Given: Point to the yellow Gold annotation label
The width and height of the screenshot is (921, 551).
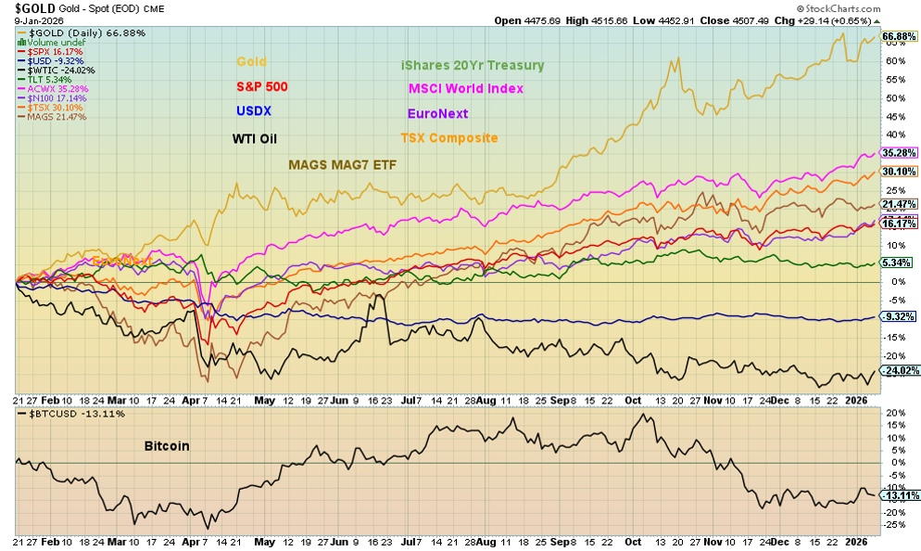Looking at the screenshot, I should (x=250, y=62).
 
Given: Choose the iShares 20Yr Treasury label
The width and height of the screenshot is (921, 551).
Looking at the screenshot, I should (x=472, y=66).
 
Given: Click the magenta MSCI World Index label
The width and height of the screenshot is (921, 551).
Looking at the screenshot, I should (x=466, y=89).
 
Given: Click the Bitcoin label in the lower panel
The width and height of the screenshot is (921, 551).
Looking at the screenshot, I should (x=167, y=446).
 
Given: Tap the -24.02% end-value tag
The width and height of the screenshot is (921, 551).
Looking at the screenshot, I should (x=898, y=371).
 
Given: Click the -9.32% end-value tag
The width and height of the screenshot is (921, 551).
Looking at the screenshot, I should (x=898, y=316).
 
